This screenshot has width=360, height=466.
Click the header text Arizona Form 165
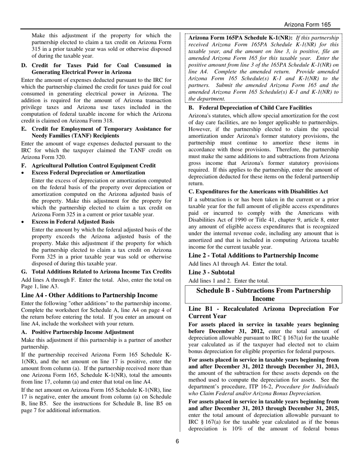307,25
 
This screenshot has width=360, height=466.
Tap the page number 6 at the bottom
177,441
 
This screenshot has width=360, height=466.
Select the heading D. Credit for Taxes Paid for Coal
96,69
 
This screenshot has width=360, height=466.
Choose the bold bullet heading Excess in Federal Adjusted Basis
73,222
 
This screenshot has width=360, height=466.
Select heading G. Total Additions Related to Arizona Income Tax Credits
96,272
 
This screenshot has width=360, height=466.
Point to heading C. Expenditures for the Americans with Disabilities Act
258,192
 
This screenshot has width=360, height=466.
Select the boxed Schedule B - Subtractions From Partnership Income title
263,294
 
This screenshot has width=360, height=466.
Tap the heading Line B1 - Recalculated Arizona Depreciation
263,312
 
